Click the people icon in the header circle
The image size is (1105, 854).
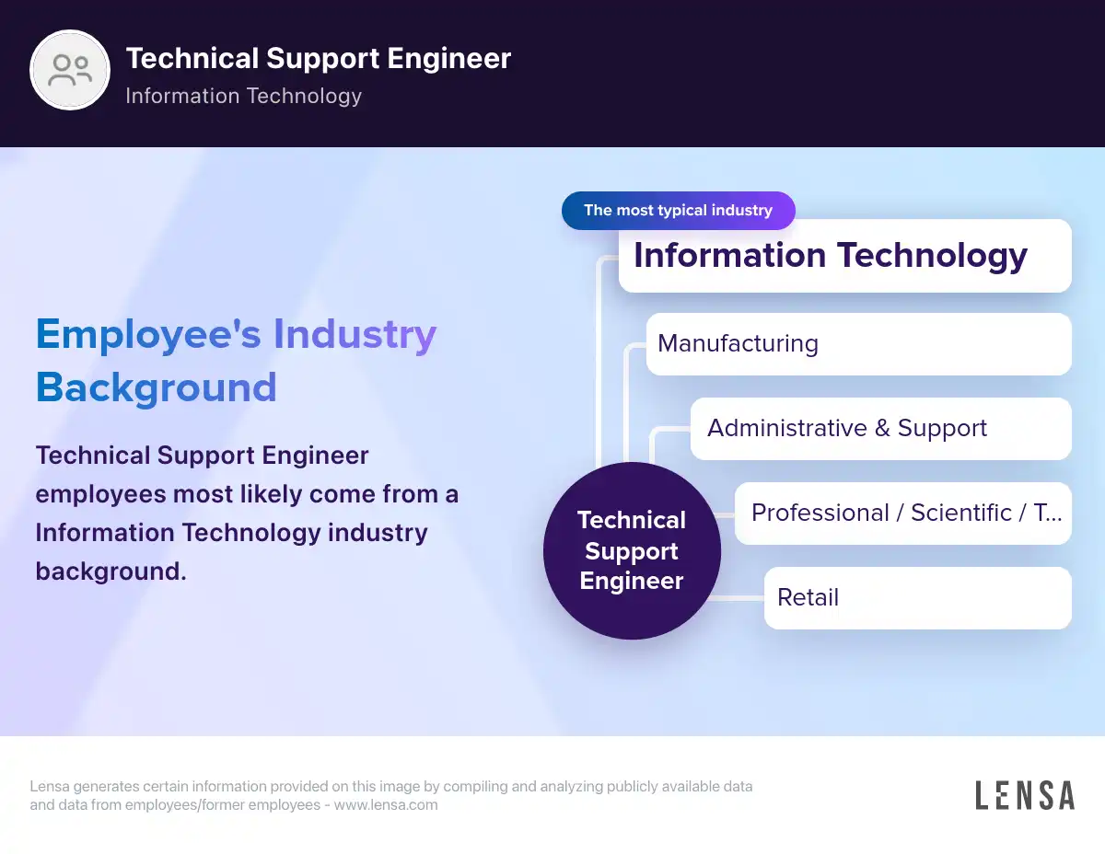(70, 70)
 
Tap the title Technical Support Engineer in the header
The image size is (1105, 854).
(319, 58)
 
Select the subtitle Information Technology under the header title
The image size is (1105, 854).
(244, 96)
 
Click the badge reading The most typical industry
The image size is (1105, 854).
(679, 211)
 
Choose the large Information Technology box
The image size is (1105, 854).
(844, 256)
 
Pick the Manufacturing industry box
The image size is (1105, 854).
(858, 344)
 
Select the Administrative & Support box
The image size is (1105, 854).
(880, 429)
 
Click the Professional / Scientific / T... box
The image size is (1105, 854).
(902, 514)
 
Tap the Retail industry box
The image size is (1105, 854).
(917, 598)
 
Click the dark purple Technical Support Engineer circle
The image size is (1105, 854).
(632, 550)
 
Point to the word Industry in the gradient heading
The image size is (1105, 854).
(355, 335)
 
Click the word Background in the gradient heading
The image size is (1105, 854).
(157, 387)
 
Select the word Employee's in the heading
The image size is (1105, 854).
(148, 335)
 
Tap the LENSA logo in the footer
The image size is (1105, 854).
(1025, 795)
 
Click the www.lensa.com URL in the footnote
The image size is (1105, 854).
(386, 805)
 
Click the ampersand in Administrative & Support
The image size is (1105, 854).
(882, 428)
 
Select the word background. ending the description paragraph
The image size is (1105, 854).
(110, 571)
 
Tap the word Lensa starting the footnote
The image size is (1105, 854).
(50, 787)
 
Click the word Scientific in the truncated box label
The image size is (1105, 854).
(961, 513)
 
